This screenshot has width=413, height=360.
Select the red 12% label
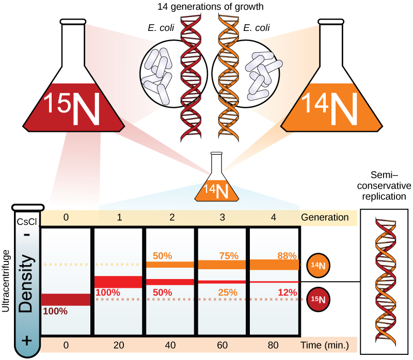tap(287, 292)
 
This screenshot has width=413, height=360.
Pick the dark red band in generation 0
tap(66, 299)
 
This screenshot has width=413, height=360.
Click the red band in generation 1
tap(118, 282)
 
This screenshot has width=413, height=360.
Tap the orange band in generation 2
tap(170, 265)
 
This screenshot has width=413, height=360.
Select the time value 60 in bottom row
tap(223, 345)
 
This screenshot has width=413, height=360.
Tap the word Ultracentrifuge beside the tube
tap(6, 281)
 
